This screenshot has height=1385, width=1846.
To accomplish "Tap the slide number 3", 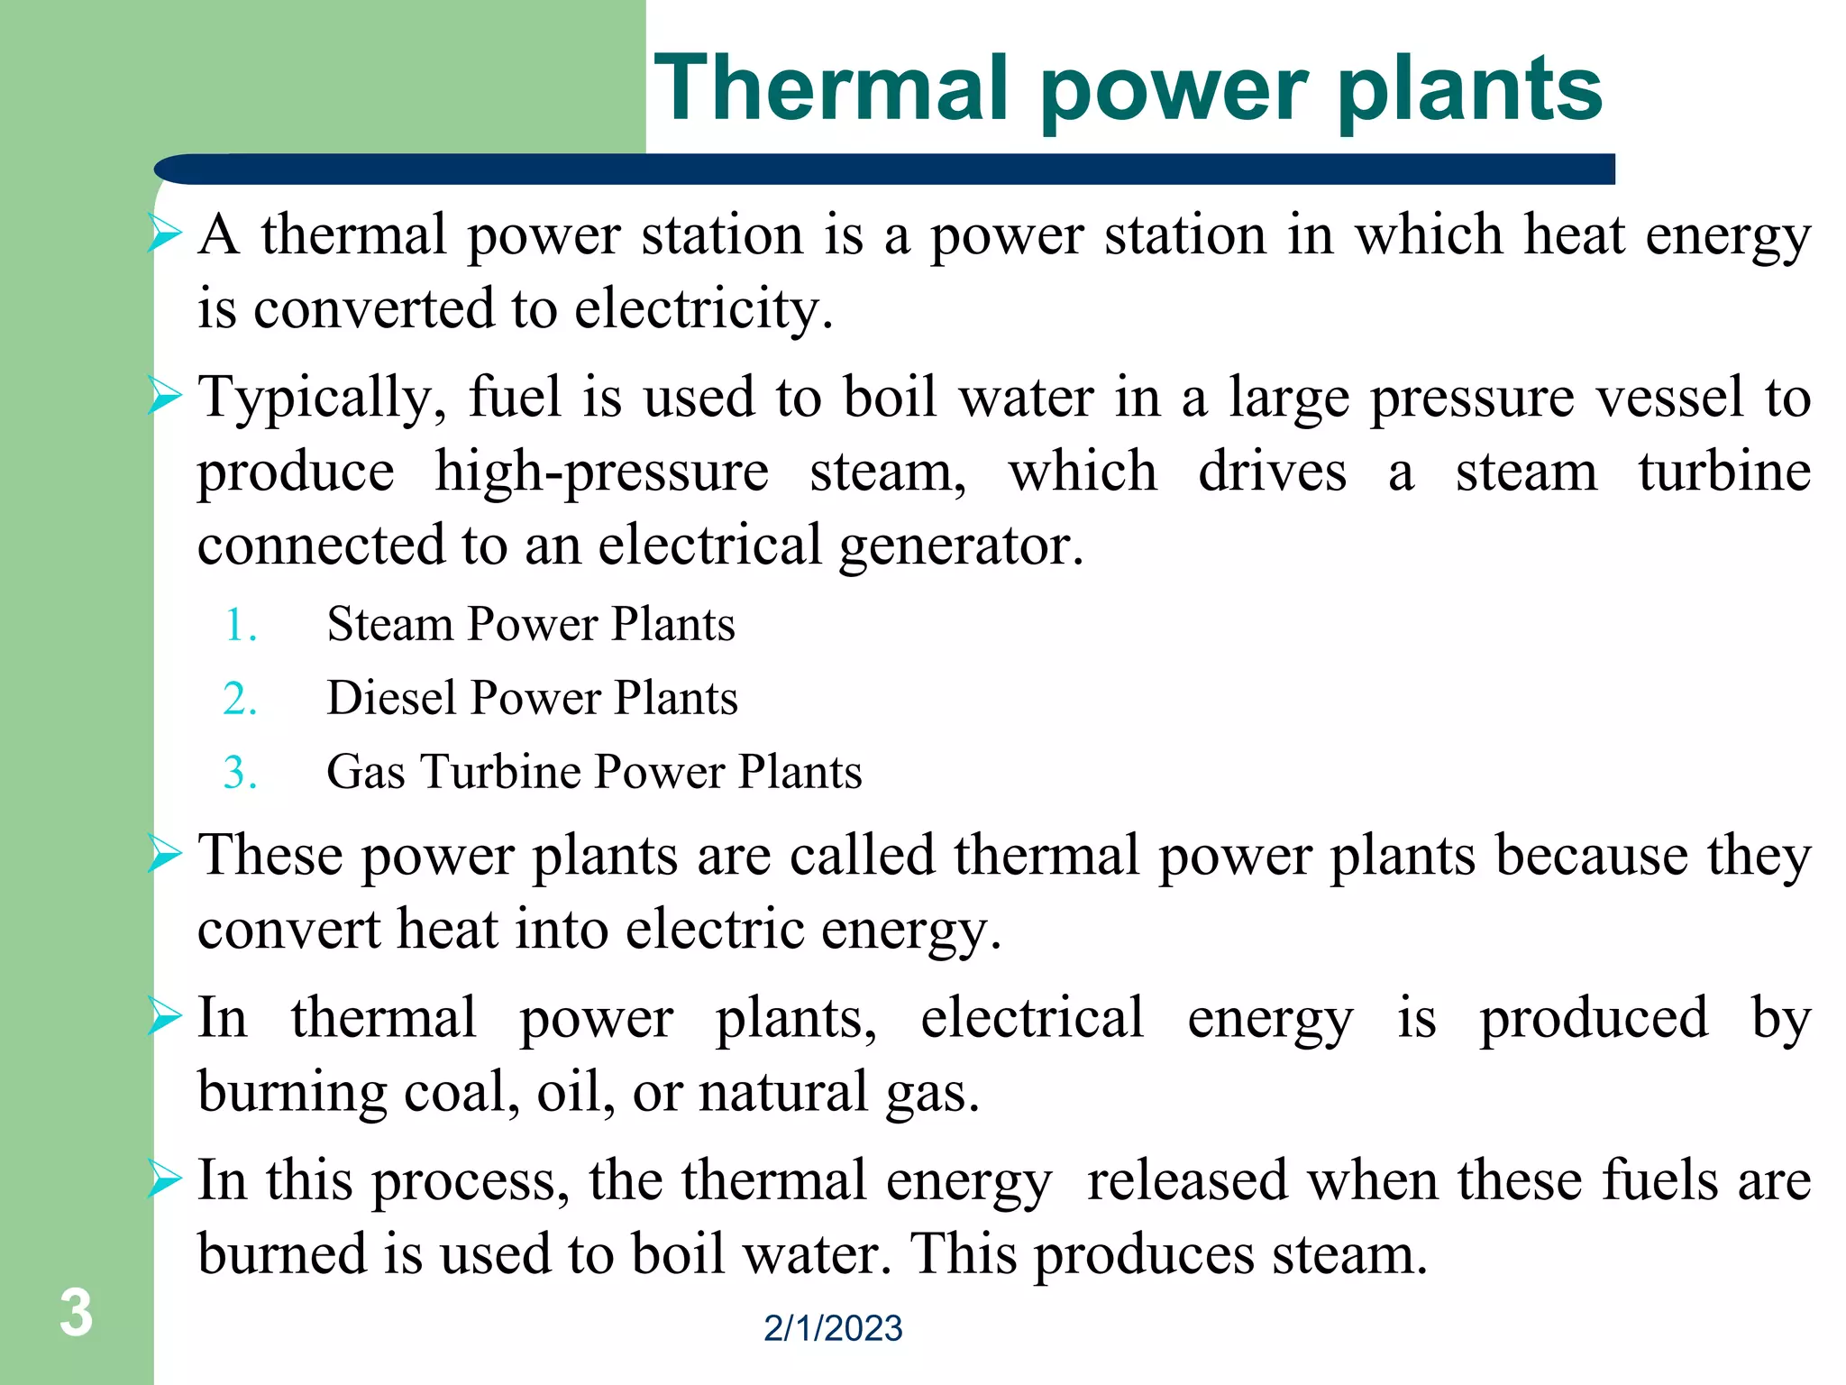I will [x=76, y=1313].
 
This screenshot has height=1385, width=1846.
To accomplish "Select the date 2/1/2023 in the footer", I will [x=833, y=1328].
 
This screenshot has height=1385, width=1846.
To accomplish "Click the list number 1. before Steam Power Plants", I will [x=240, y=626].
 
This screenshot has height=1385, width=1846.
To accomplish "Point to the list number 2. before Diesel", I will [x=240, y=700].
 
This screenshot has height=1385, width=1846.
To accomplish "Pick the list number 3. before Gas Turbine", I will [x=240, y=774].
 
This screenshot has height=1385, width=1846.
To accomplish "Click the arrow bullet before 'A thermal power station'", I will [x=165, y=234].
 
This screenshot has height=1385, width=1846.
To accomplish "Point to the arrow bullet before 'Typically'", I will [x=165, y=397].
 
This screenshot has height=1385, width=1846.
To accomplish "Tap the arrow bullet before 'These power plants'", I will [x=165, y=854].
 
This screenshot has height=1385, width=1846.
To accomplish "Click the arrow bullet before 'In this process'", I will [x=165, y=1179].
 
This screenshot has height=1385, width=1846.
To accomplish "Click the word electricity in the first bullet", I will [x=703, y=309].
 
